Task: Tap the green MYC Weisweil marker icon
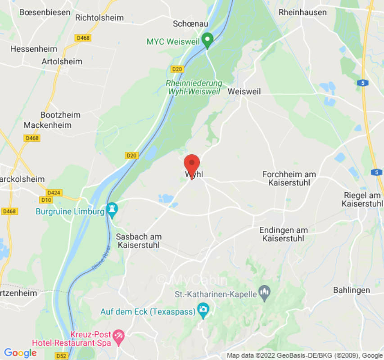click(207, 40)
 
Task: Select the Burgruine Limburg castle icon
click(112, 210)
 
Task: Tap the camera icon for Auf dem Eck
click(203, 310)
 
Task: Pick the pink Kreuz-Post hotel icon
click(118, 335)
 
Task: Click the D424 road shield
click(54, 193)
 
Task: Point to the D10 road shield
click(46, 200)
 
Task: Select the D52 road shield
click(62, 355)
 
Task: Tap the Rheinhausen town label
click(303, 12)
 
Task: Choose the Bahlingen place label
click(352, 290)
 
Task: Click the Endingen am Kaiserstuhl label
click(284, 234)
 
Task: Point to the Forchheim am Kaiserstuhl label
click(289, 178)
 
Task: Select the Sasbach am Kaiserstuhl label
click(139, 241)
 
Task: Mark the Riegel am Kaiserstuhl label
click(361, 199)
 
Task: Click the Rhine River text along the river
click(101, 261)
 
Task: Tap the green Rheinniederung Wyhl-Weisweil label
click(194, 87)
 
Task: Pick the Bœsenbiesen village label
click(45, 12)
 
